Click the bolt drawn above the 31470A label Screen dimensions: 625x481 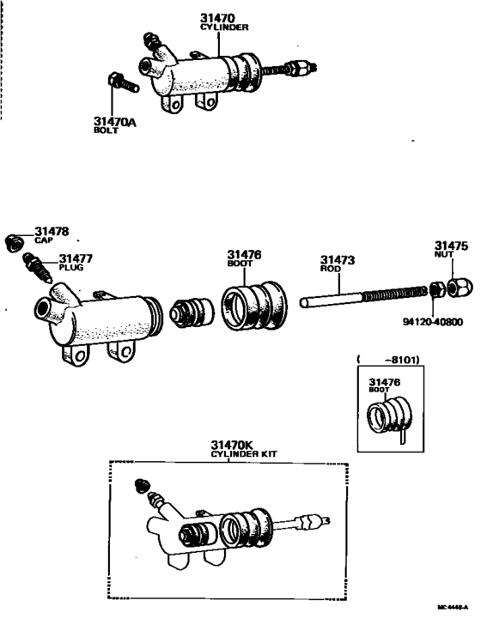click(119, 84)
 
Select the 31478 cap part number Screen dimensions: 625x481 click(52, 232)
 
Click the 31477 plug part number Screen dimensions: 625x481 click(76, 258)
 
